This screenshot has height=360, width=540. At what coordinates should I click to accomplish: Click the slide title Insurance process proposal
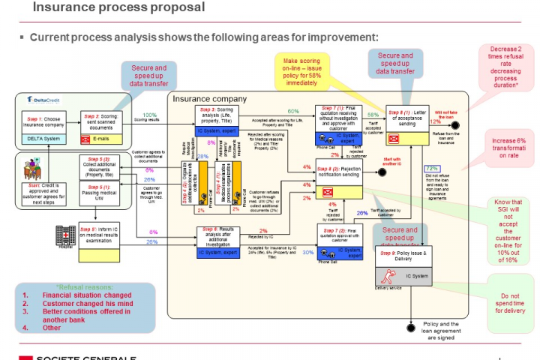coord(119,7)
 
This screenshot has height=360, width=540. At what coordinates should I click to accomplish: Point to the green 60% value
coord(293,111)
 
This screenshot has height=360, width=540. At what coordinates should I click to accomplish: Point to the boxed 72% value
coord(432,169)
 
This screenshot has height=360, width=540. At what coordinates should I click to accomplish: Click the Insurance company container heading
coord(209,98)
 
